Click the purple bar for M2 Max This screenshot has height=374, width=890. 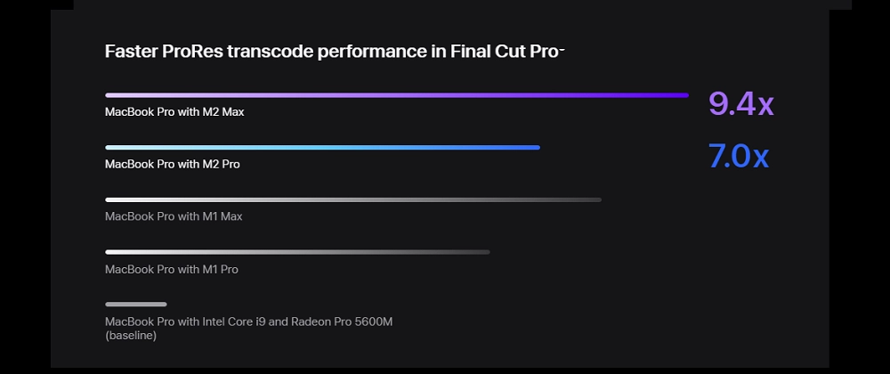396,94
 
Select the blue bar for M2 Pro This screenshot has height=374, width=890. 322,147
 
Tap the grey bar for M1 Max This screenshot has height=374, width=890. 352,199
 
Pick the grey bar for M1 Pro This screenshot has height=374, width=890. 297,252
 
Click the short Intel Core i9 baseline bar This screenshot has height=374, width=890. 135,305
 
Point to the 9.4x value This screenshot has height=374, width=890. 740,104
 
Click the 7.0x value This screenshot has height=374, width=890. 738,157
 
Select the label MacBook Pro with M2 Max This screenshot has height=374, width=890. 174,112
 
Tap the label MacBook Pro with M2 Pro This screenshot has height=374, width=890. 172,164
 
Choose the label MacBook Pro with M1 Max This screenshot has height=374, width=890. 174,216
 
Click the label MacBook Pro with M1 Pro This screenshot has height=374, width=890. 171,269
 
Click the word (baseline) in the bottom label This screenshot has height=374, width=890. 131,336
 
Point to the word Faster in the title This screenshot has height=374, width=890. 131,51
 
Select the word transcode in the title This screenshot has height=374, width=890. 271,51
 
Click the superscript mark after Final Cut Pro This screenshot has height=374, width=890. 562,48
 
